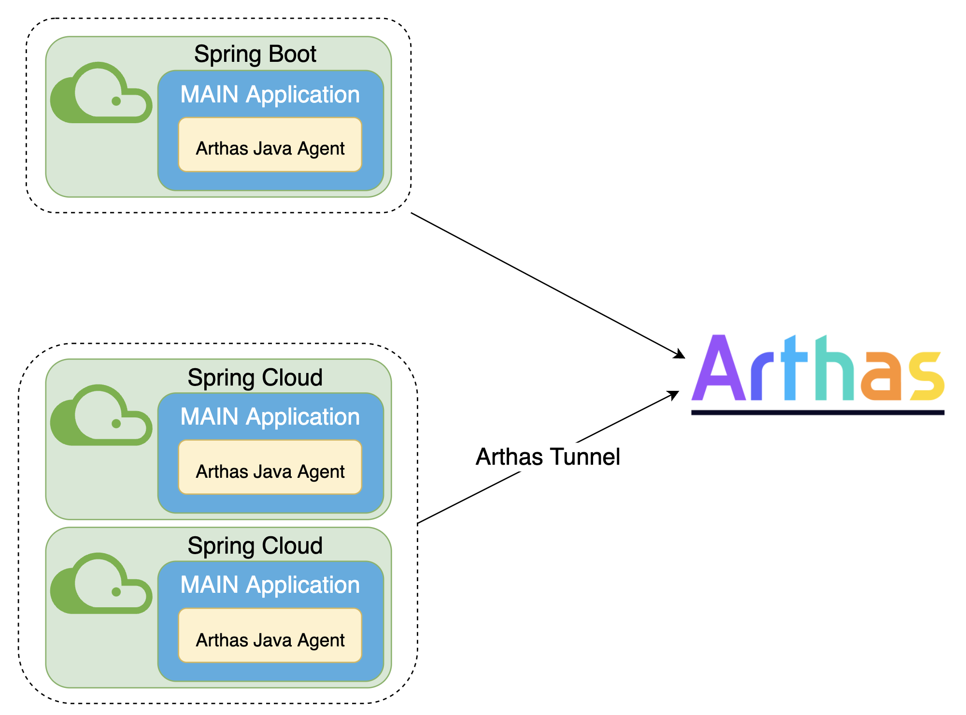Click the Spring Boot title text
(255, 54)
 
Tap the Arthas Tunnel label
(548, 457)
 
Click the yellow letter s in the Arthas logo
(926, 377)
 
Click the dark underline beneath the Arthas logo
(817, 412)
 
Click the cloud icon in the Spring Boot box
(101, 94)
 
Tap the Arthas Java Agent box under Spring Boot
(270, 145)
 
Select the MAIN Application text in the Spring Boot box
(270, 94)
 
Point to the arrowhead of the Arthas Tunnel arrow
(674, 394)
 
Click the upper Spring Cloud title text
(255, 377)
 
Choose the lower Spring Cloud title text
(255, 545)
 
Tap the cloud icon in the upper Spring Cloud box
(101, 417)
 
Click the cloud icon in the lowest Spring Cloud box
(101, 585)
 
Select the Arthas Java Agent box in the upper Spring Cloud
(270, 467)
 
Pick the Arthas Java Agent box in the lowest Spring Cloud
(270, 635)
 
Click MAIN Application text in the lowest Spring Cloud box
(270, 585)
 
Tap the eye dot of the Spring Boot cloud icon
(116, 101)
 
